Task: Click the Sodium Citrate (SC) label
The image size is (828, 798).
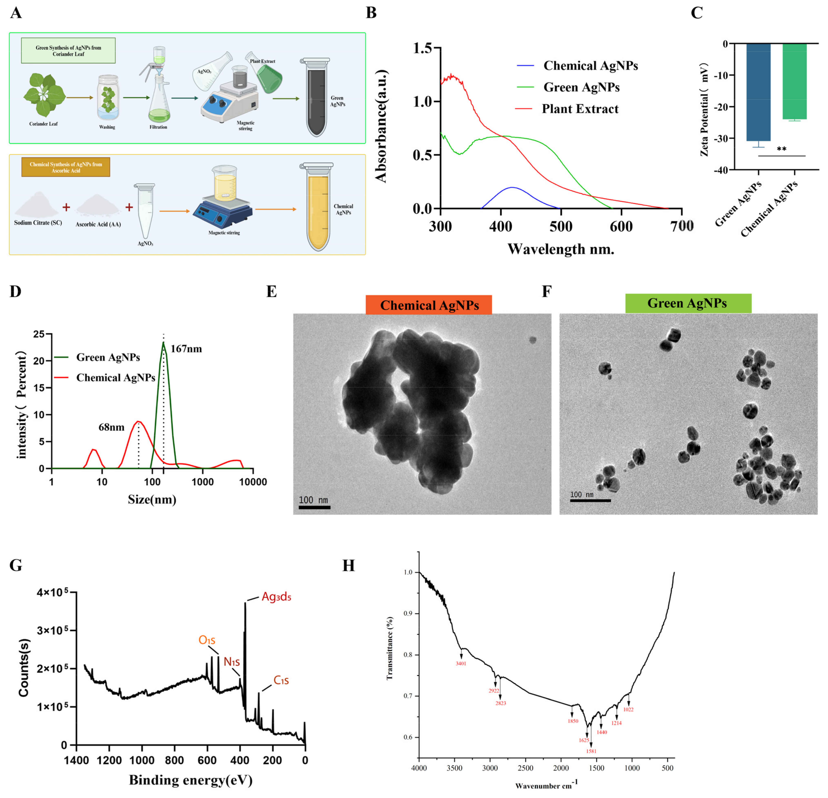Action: click(38, 223)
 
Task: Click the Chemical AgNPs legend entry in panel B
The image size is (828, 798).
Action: click(590, 66)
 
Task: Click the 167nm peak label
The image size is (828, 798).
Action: click(186, 349)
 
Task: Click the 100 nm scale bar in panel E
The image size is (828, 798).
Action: click(314, 507)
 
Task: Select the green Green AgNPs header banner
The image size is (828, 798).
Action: click(688, 303)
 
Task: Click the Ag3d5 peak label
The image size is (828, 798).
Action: click(276, 597)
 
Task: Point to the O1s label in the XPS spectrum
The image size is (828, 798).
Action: click(207, 640)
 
